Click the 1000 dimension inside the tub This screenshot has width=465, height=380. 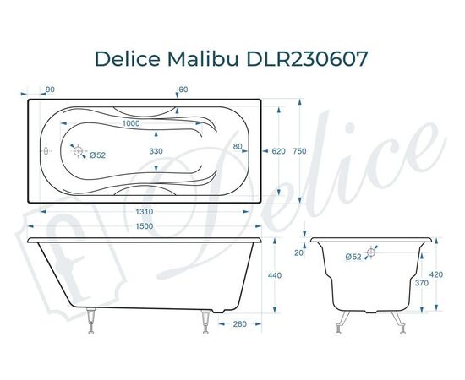pos(130,124)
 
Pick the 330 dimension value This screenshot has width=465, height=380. pos(156,150)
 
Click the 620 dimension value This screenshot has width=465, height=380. pos(278,151)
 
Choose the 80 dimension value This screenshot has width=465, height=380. pos(238,147)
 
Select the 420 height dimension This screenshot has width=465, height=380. pos(435,274)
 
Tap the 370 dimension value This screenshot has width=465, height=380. pos(422,285)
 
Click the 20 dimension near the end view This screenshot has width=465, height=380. pos(298,252)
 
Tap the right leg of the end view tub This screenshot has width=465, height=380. pos(395,322)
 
